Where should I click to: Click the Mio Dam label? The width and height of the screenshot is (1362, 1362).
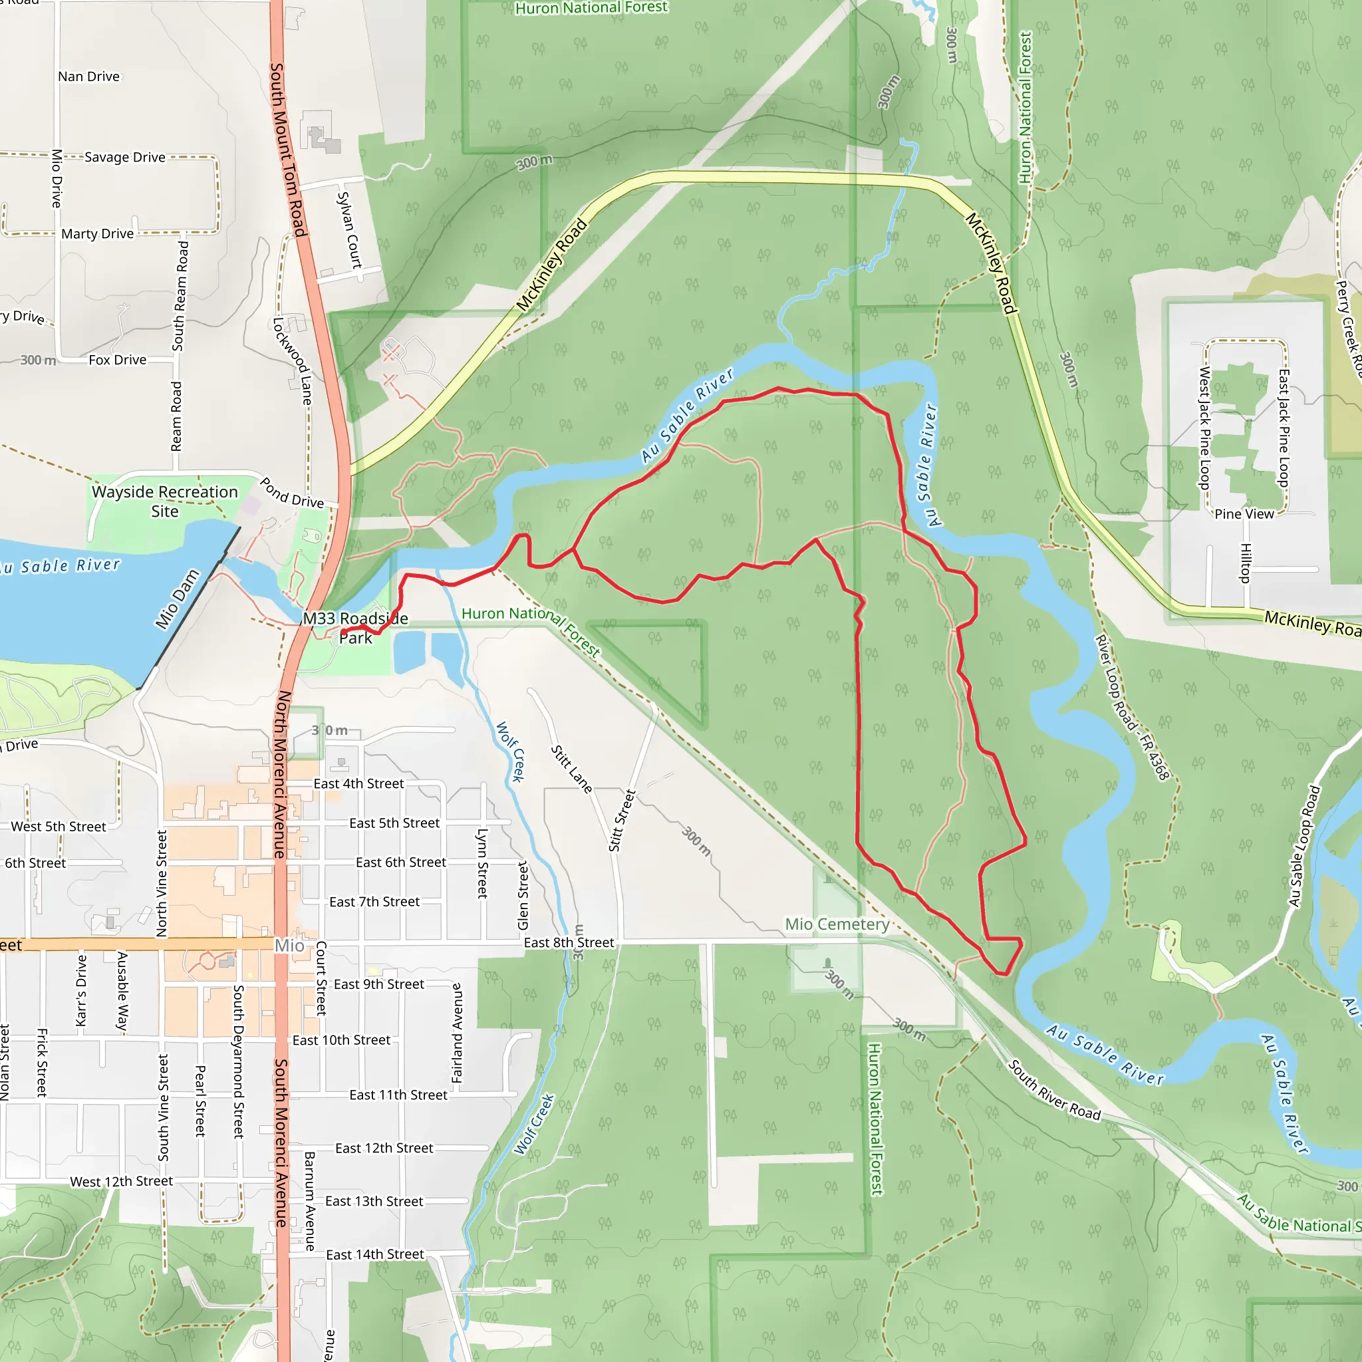[x=177, y=599]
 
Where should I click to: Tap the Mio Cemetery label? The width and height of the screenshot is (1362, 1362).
[x=837, y=924]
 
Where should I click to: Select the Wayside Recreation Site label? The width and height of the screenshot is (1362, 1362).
[x=165, y=501]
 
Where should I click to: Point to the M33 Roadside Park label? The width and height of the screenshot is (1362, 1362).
[x=355, y=628]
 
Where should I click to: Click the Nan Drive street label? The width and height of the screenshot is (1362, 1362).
[x=89, y=76]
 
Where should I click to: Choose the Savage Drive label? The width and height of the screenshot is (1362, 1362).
[x=125, y=157]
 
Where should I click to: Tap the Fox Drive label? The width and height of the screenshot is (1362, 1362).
[x=118, y=360]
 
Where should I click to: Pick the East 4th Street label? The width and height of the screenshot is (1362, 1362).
[x=359, y=784]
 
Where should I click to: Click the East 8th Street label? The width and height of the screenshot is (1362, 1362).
[x=569, y=942]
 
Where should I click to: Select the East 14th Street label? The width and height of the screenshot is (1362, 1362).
[x=375, y=1254]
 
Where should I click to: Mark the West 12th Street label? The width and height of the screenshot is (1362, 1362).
[x=121, y=1181]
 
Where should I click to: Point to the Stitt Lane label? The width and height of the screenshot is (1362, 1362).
[x=571, y=769]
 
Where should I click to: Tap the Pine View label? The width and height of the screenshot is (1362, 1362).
[x=1244, y=514]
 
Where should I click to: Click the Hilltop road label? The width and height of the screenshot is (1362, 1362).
[x=1246, y=563]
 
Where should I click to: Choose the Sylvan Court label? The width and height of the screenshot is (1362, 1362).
[x=349, y=230]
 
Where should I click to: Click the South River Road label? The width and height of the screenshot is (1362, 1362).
[x=1054, y=1090]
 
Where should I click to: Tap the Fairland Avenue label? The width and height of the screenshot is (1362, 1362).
[x=457, y=1033]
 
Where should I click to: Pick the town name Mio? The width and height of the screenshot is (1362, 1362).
[x=289, y=946]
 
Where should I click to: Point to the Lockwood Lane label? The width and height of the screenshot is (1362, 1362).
[x=292, y=360]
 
